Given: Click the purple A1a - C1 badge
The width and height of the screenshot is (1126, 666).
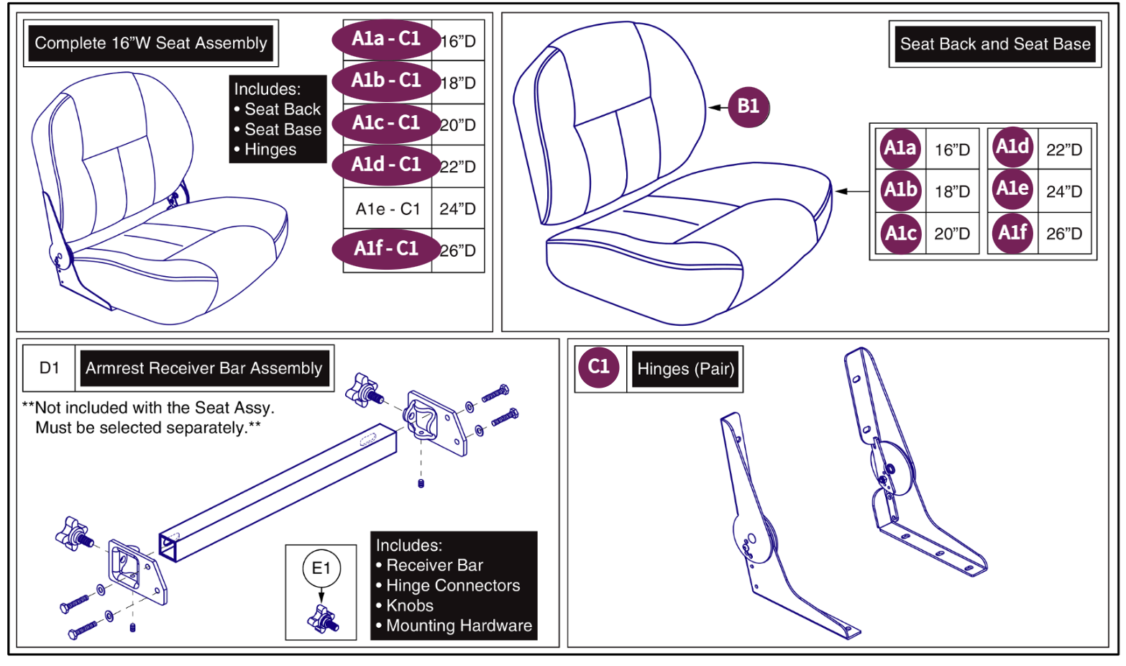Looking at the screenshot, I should pos(385,39).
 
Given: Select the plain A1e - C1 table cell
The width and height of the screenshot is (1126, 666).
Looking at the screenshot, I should pos(388,209).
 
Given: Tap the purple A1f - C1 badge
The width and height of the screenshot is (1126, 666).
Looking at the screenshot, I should pos(385,250).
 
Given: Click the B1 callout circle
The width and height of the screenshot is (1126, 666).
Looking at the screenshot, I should pos(748,107).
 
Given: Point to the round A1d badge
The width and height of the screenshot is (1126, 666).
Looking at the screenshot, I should pos(1012,147).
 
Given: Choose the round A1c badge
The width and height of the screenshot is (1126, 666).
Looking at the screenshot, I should pos(900,233).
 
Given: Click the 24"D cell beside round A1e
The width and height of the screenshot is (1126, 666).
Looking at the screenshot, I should pos(1063,192).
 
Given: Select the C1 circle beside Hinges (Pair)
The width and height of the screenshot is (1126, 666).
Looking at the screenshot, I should pos(598,367).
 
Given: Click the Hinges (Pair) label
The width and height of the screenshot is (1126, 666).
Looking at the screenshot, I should pos(685,370).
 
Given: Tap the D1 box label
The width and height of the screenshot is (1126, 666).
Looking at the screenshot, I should pos(50,368).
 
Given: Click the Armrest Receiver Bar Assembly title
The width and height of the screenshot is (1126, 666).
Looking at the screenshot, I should pos(203,368).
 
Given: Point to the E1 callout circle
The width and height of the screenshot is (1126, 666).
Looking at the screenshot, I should pos(321,569).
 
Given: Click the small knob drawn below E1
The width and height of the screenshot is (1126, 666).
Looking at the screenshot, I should pos(323,619).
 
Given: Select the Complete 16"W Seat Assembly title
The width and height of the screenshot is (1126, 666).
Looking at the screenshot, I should pos(151,43).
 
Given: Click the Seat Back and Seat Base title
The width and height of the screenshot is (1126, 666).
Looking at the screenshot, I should pos(994,45).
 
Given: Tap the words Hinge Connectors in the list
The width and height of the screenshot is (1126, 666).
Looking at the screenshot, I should pos(453,585).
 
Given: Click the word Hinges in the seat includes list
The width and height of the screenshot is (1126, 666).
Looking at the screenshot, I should pos(270,150).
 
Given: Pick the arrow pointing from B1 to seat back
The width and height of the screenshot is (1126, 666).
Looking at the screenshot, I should pos(718,108).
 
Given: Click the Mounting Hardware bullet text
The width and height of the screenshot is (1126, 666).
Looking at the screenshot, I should pos(459,626).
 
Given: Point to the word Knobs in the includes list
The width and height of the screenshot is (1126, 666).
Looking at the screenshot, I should pos(410,606).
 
